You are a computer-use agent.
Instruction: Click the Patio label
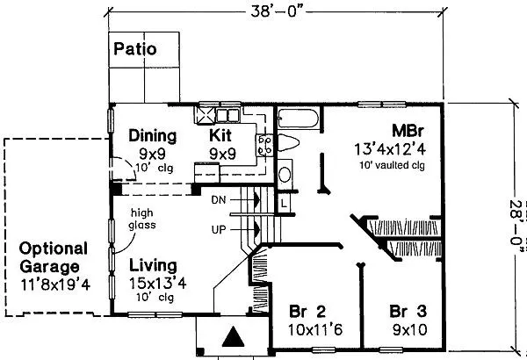pyautogui.click(x=135, y=49)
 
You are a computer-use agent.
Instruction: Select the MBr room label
pyautogui.click(x=408, y=131)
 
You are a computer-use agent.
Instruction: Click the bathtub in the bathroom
pyautogui.click(x=298, y=119)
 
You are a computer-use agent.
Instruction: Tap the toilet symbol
pyautogui.click(x=288, y=143)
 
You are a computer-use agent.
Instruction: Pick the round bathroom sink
pyautogui.click(x=285, y=175)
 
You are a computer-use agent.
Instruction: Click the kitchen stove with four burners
pyautogui.click(x=265, y=145)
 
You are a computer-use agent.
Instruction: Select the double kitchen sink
pyautogui.click(x=227, y=116)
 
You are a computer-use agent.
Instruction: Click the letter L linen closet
pyautogui.click(x=284, y=204)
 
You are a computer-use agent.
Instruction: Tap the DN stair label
pyautogui.click(x=219, y=200)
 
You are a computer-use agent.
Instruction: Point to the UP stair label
pyautogui.click(x=219, y=230)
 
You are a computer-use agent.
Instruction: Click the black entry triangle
pyautogui.click(x=234, y=336)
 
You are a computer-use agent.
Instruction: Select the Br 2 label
pyautogui.click(x=307, y=312)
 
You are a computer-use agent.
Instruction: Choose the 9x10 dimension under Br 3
pyautogui.click(x=409, y=330)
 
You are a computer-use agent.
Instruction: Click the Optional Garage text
pyautogui.click(x=54, y=258)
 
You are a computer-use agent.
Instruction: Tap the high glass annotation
pyautogui.click(x=142, y=219)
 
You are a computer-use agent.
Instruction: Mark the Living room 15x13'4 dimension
pyautogui.click(x=157, y=284)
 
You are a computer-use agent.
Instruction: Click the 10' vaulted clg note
pyautogui.click(x=392, y=165)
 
